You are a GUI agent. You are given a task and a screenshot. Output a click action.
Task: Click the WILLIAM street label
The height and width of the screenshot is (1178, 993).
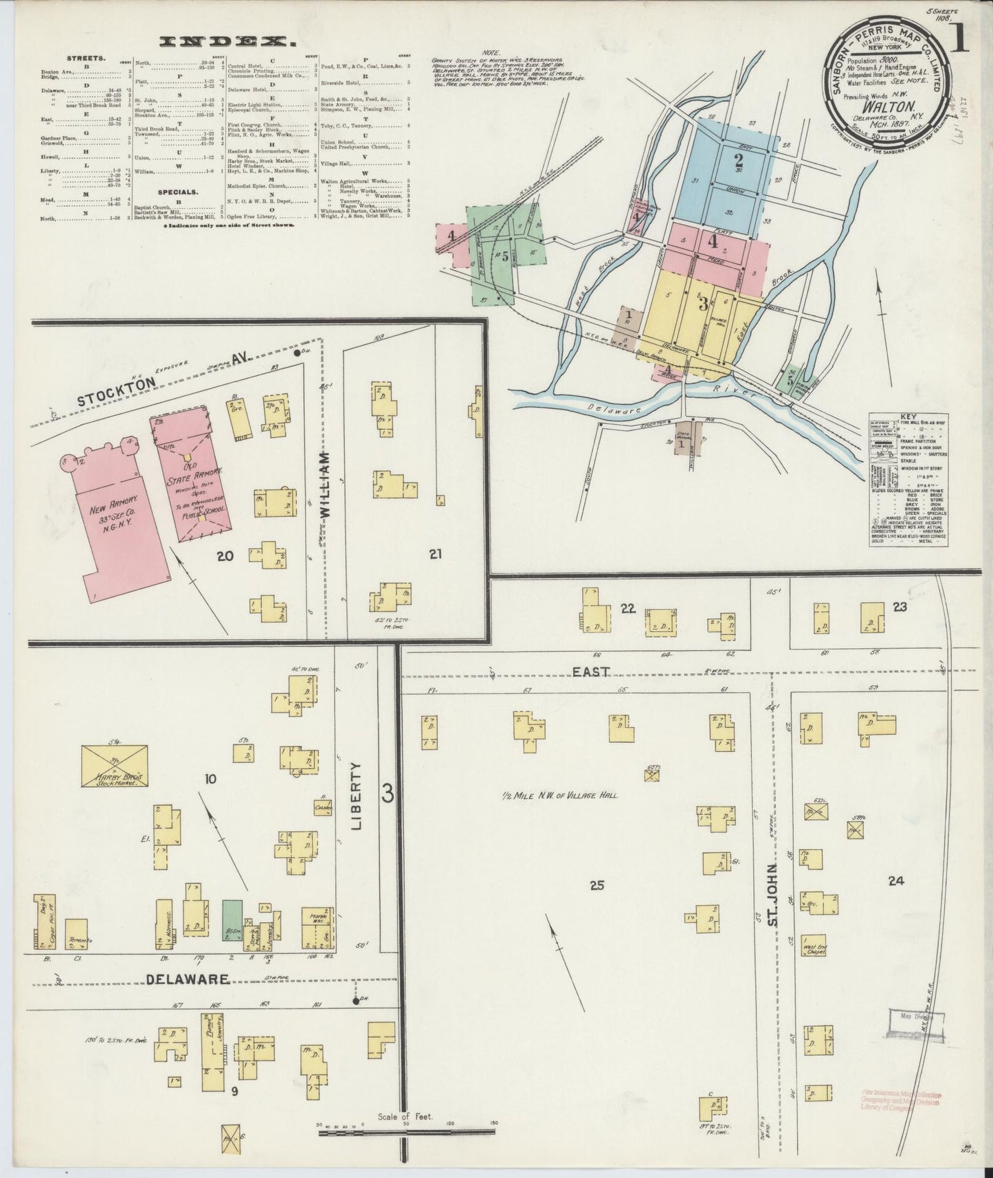pos(325,489)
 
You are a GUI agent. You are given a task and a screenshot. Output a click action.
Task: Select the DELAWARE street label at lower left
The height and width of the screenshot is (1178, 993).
pos(179,979)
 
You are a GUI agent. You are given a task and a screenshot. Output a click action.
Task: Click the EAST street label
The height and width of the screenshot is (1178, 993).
pos(591,671)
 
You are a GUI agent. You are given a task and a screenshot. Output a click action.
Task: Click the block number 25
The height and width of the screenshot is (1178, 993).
pos(596,885)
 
